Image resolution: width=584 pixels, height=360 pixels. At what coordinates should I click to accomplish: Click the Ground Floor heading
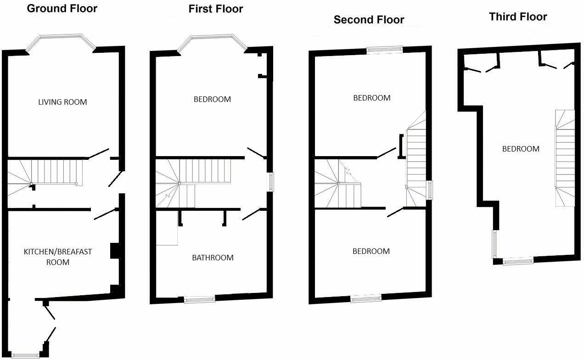pos(62,8)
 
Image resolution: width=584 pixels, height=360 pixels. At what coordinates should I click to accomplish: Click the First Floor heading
pos(215,9)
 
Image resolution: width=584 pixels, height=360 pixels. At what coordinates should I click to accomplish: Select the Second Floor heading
pos(369,20)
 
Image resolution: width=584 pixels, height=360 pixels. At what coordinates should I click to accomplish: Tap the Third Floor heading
pos(518,17)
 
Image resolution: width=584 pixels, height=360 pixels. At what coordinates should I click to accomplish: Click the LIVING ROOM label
pos(62,102)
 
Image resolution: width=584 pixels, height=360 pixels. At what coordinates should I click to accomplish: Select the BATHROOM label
pos(213,258)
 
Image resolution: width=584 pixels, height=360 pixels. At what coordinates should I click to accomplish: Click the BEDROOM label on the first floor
pos(212,99)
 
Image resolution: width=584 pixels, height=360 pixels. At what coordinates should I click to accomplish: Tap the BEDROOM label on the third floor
pos(521,149)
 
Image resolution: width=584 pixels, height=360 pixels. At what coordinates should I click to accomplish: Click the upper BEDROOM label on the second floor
pos(371,98)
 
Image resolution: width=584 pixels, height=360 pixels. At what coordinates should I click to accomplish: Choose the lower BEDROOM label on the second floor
pos(371,251)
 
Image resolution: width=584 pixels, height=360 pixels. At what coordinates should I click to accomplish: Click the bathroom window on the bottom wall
pos(200,300)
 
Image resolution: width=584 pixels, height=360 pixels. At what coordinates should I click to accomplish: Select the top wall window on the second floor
pos(385,50)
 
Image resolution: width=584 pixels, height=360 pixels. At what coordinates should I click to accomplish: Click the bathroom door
pos(251,214)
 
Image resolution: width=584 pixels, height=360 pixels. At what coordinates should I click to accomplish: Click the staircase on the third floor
pos(565,158)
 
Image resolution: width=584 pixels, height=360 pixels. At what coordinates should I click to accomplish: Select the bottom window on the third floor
pos(518,261)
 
